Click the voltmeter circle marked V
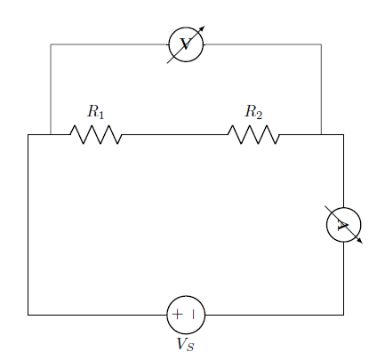[186, 28]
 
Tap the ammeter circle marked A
[344, 208]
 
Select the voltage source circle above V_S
[186, 296]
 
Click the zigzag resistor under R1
[96, 135]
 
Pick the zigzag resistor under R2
[253, 135]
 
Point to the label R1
[95, 112]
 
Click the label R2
[253, 112]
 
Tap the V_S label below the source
[186, 344]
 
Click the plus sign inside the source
[177, 315]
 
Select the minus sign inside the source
[193, 315]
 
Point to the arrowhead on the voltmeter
[202, 28]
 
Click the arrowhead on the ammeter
[360, 241]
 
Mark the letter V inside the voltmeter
[186, 44]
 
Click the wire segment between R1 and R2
[175, 135]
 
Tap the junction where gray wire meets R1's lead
[51, 135]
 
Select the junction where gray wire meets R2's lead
[321, 135]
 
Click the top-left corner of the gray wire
[51, 44]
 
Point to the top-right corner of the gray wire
[321, 44]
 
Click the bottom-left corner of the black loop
[28, 315]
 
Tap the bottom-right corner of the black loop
[344, 315]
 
